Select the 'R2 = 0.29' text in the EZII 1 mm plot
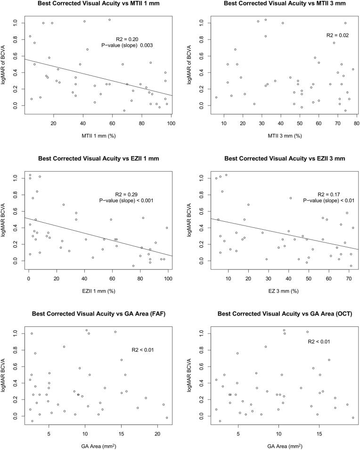click(128, 194)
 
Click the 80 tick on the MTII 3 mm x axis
click(357, 123)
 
